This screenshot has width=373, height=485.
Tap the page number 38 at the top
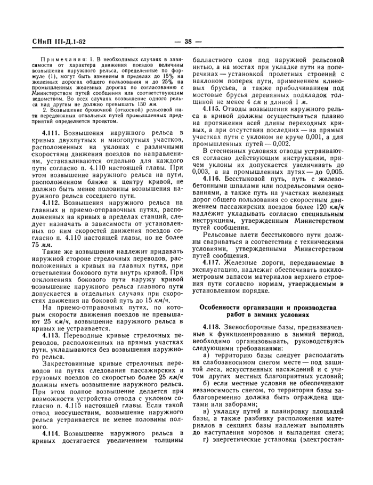pyautogui.click(x=187, y=42)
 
